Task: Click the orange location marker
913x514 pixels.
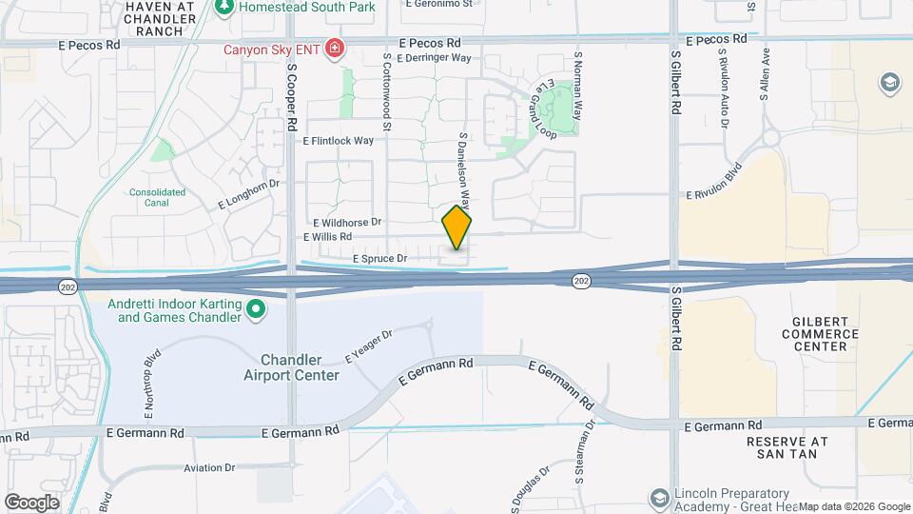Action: [457, 227]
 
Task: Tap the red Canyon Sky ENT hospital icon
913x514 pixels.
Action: [334, 49]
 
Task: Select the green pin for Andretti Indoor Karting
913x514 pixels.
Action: [255, 309]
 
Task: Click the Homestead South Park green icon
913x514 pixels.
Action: [224, 7]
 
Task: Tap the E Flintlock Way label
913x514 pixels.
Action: [339, 140]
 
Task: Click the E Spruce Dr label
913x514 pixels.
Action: [379, 258]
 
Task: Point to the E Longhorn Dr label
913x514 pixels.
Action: [251, 194]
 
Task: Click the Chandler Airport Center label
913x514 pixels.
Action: [300, 367]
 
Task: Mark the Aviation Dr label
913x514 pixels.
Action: [209, 467]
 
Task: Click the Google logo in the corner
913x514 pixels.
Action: [31, 502]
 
